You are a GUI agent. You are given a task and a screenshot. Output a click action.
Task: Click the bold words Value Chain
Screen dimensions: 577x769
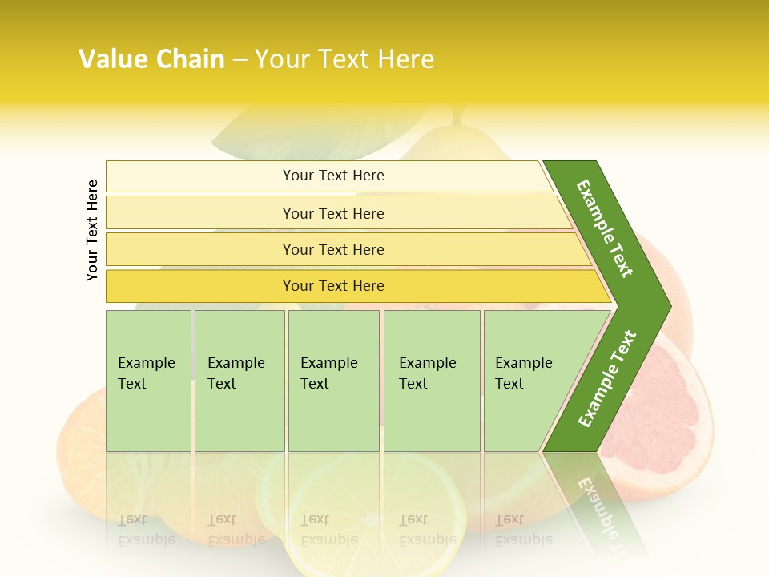tap(151, 59)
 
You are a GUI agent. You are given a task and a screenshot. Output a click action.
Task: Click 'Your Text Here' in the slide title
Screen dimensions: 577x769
tap(344, 59)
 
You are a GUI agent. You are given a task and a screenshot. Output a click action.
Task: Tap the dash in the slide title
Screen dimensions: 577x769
tap(240, 60)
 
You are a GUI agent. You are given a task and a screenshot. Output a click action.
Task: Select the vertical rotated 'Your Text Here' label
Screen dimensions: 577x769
tap(92, 230)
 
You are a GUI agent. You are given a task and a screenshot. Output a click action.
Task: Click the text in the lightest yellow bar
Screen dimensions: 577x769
tap(333, 176)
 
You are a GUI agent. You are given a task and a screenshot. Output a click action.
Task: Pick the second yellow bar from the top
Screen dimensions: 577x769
tap(333, 213)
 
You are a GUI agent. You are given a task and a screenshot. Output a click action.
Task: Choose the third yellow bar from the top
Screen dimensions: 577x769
tap(333, 249)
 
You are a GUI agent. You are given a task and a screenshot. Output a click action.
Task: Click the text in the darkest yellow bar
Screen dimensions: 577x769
tap(333, 286)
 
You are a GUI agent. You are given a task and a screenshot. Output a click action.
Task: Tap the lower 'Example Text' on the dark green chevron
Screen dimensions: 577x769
tap(607, 378)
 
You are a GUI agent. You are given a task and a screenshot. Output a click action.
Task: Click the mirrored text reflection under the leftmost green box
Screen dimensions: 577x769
tap(147, 529)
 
